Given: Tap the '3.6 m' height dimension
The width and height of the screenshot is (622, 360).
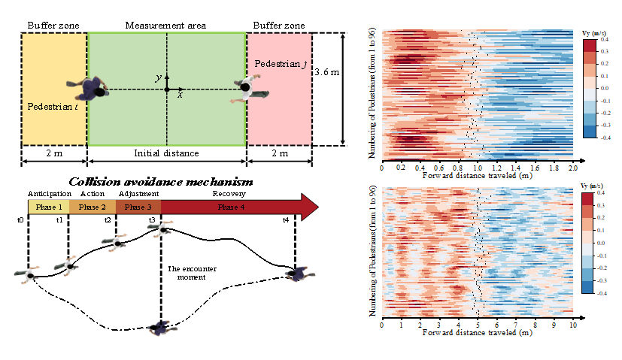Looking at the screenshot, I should point(326,73).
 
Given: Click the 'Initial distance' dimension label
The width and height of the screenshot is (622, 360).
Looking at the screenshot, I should point(166,153).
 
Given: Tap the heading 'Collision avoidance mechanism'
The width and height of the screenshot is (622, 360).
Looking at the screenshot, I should point(160,182).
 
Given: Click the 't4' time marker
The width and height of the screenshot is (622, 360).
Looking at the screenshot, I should point(285,219).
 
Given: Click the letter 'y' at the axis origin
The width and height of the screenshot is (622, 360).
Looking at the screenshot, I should point(157,77).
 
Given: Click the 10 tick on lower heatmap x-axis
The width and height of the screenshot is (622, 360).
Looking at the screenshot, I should point(572,326).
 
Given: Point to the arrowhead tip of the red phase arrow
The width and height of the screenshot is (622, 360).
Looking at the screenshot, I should point(319,207).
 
